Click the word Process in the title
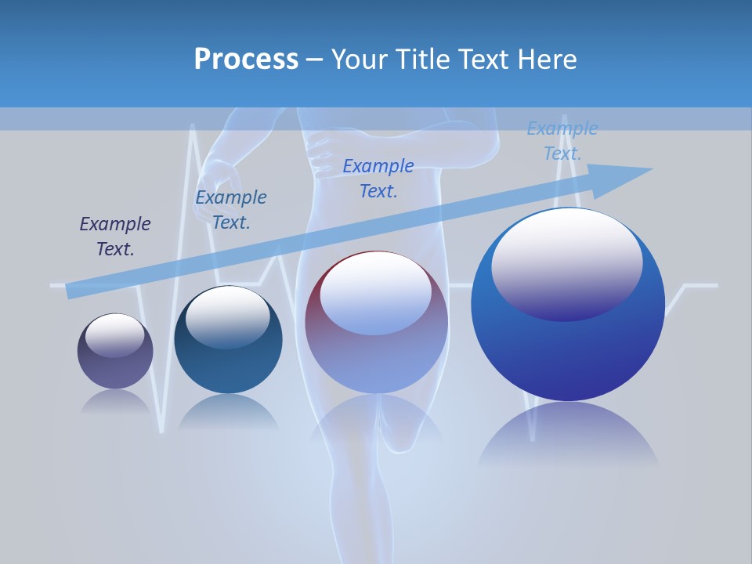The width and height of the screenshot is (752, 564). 246,60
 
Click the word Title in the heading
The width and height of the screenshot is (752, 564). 421,60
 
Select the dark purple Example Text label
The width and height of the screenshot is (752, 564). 115,237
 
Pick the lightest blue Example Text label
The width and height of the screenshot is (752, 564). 562,141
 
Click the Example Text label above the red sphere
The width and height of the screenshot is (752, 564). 378,178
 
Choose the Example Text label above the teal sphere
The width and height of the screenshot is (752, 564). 231,209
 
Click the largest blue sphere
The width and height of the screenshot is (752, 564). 568,352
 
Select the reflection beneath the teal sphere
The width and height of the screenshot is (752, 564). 228,411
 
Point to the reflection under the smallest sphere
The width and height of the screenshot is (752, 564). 115,403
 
